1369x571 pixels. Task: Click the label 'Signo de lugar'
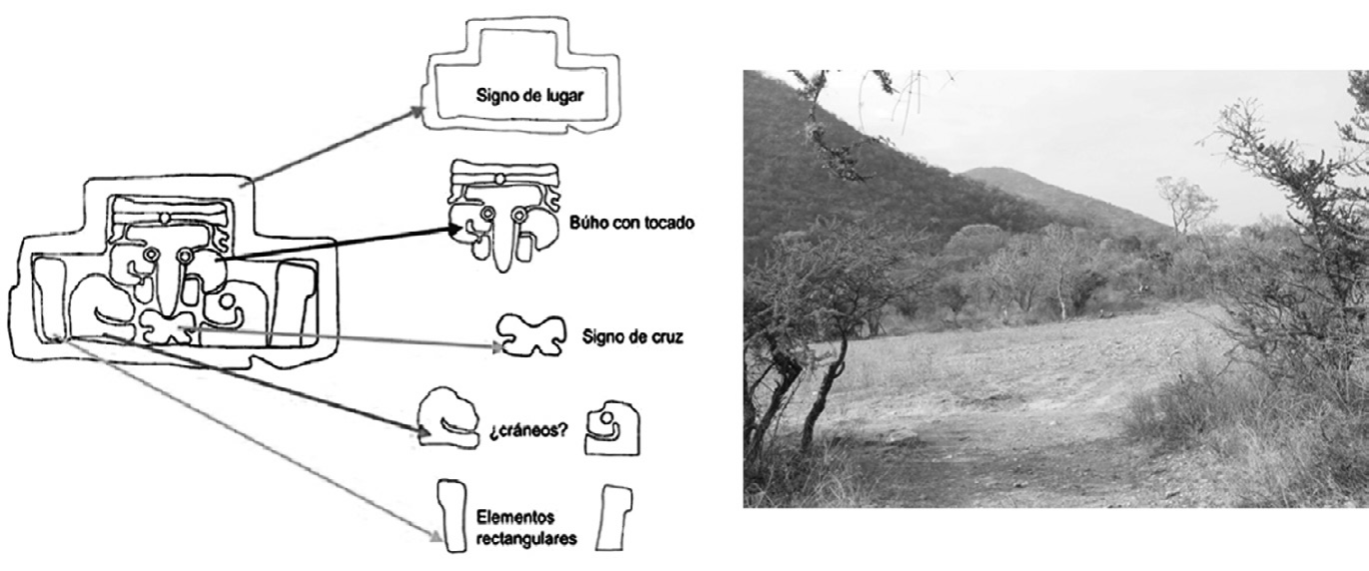click(530, 96)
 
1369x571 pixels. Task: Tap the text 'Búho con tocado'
click(632, 223)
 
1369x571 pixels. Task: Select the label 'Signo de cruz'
click(632, 336)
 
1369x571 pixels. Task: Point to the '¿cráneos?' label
click(528, 430)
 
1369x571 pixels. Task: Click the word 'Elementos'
click(515, 517)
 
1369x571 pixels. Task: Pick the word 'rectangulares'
click(526, 539)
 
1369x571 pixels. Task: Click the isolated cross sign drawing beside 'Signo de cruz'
click(530, 335)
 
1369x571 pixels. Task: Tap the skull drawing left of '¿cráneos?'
click(448, 418)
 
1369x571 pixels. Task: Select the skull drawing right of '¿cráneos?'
click(612, 428)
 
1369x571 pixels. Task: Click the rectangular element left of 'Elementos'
click(451, 516)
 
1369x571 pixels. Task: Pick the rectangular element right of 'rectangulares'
click(614, 518)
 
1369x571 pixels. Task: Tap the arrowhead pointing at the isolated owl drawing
click(454, 230)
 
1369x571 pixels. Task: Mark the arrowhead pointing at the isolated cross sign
click(497, 347)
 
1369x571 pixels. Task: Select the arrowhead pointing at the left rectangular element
click(435, 537)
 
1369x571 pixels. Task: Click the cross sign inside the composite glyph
click(166, 326)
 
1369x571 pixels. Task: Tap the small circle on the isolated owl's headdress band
click(500, 179)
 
